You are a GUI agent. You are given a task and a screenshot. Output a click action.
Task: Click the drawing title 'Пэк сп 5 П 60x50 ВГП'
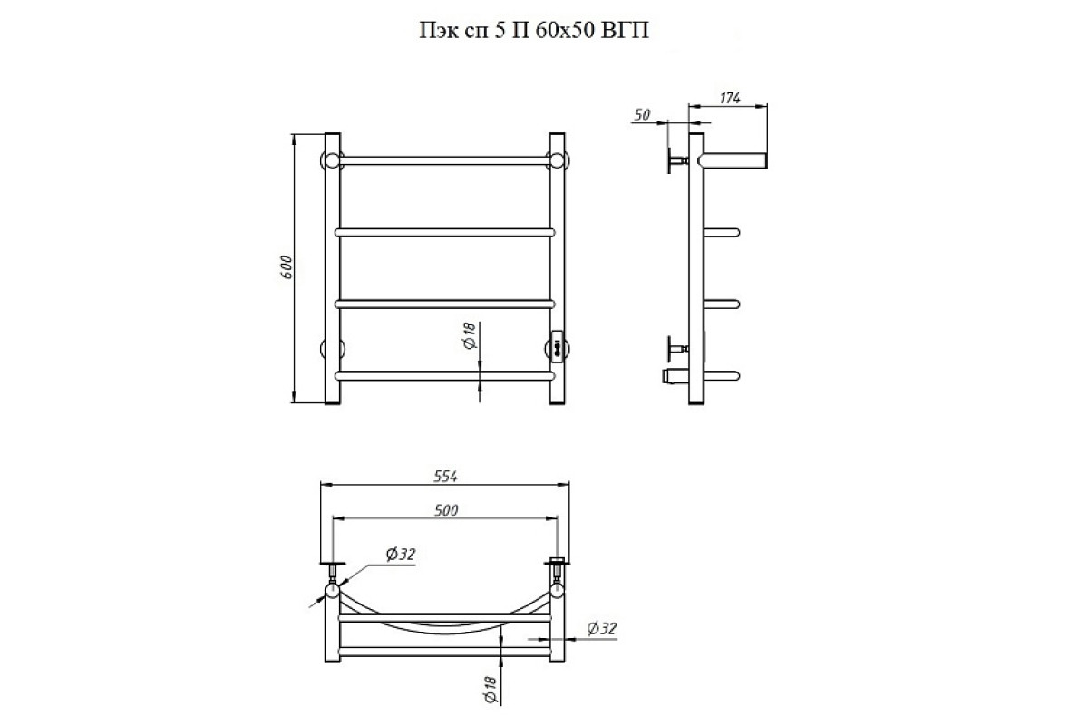[x=534, y=31]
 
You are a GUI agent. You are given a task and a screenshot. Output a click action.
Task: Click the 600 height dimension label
[x=287, y=267]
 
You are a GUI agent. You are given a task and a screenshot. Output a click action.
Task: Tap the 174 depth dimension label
[x=730, y=98]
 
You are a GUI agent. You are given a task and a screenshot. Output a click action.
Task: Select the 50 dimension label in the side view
[x=642, y=115]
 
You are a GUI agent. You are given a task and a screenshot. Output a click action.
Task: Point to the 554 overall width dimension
[x=445, y=477]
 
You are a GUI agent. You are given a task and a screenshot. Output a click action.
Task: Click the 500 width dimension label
[x=446, y=510]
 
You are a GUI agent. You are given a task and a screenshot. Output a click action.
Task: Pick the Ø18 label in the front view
[x=471, y=336]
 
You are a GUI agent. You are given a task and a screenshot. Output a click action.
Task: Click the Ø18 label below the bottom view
[x=491, y=690]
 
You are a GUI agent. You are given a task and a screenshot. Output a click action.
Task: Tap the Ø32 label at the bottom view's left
[x=401, y=554]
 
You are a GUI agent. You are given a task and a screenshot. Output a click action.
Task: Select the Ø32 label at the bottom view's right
[x=601, y=629]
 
